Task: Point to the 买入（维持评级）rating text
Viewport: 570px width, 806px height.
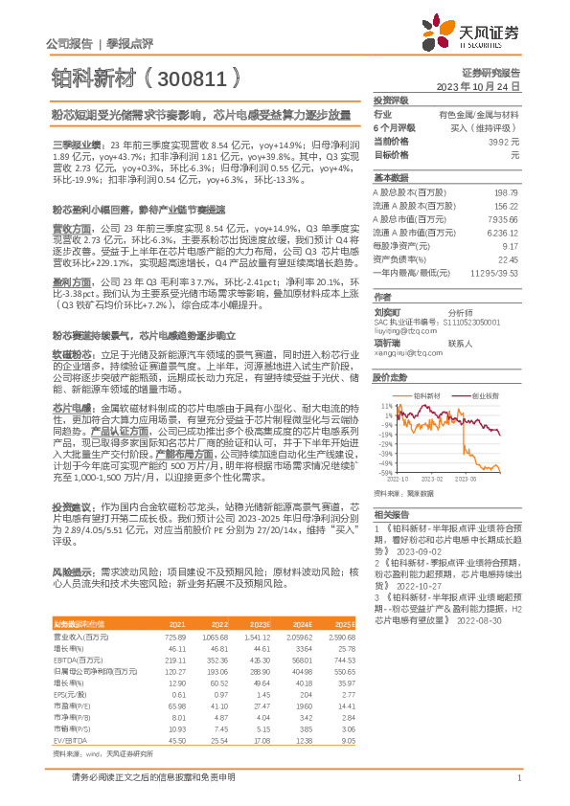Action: pos(489,127)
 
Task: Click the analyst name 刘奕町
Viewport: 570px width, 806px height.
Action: pos(386,311)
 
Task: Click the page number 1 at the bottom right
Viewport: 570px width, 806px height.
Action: pos(517,789)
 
